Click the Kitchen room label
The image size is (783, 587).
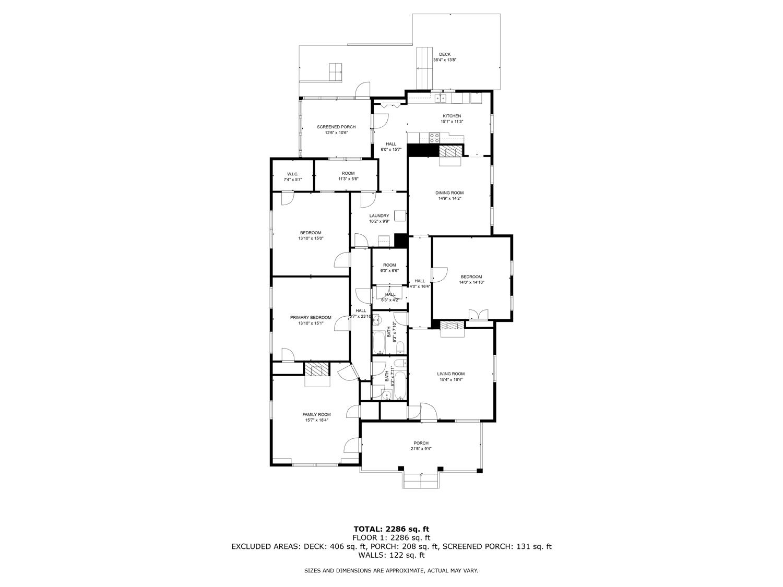click(x=452, y=116)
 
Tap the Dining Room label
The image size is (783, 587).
click(x=449, y=193)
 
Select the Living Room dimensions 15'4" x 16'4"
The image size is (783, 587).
click(x=451, y=380)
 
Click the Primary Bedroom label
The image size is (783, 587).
click(x=311, y=317)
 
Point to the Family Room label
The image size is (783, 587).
click(x=316, y=414)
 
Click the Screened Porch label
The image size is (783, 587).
click(x=336, y=127)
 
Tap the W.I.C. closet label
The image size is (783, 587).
click(x=292, y=174)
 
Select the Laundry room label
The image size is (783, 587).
click(x=379, y=215)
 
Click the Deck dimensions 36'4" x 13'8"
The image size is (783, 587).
click(x=444, y=60)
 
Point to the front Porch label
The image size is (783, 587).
click(x=421, y=443)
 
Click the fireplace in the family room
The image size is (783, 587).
click(x=317, y=370)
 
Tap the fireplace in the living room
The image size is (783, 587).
click(x=452, y=326)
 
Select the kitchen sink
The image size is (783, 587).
click(x=440, y=98)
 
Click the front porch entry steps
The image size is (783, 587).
click(x=421, y=481)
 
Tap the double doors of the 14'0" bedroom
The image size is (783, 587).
click(x=478, y=315)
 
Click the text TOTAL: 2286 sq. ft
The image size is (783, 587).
click(x=391, y=529)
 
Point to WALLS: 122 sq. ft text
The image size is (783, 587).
click(x=391, y=555)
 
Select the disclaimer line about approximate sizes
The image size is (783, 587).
click(x=391, y=571)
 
